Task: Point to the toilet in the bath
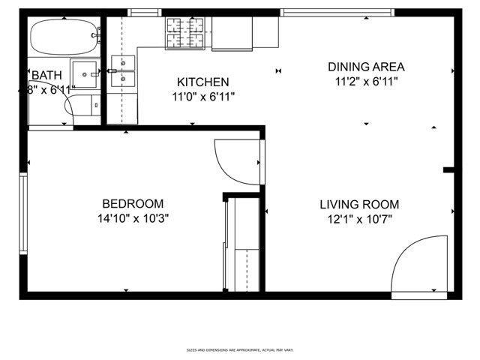[81, 106]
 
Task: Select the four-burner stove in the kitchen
[184, 33]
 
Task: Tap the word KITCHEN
[202, 82]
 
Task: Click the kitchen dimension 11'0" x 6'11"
[202, 96]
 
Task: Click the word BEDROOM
[133, 204]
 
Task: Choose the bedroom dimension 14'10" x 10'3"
[133, 219]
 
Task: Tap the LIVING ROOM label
[358, 205]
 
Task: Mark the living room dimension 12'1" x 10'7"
[358, 219]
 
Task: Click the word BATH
[46, 76]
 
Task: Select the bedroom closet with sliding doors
[243, 244]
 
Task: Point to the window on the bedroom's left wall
[23, 214]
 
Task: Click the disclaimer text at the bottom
[239, 349]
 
